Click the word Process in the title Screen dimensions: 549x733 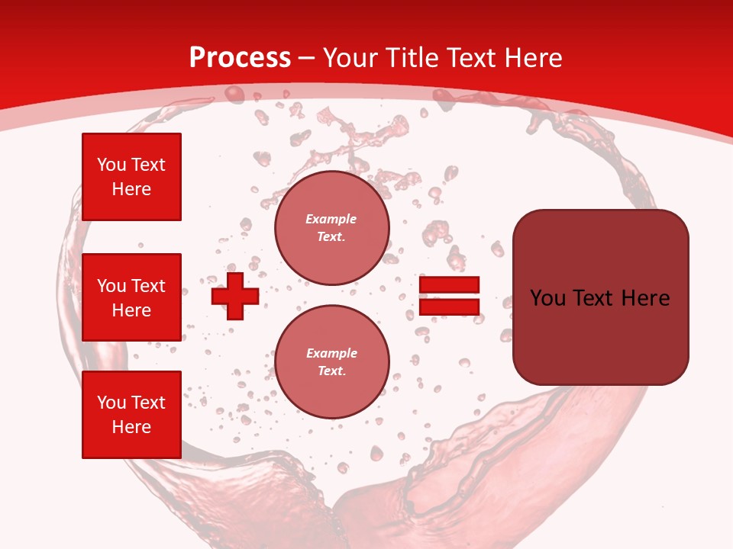click(240, 58)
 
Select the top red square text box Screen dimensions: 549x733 click(131, 177)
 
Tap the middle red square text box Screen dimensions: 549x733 click(131, 297)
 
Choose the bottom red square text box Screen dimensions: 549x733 click(131, 415)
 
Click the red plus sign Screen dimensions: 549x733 click(234, 296)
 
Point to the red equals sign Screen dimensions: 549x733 click(449, 296)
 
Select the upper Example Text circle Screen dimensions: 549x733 click(331, 227)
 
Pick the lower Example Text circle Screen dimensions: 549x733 click(331, 361)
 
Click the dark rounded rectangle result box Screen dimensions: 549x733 click(600, 297)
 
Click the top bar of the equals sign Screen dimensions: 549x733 click(449, 285)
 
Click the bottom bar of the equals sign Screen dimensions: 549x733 click(449, 307)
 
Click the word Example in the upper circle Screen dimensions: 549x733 click(331, 219)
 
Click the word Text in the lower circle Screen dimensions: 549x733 click(331, 371)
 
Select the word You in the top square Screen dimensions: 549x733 click(111, 165)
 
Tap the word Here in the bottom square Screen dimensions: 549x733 click(131, 427)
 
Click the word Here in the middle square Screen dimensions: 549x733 click(131, 310)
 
